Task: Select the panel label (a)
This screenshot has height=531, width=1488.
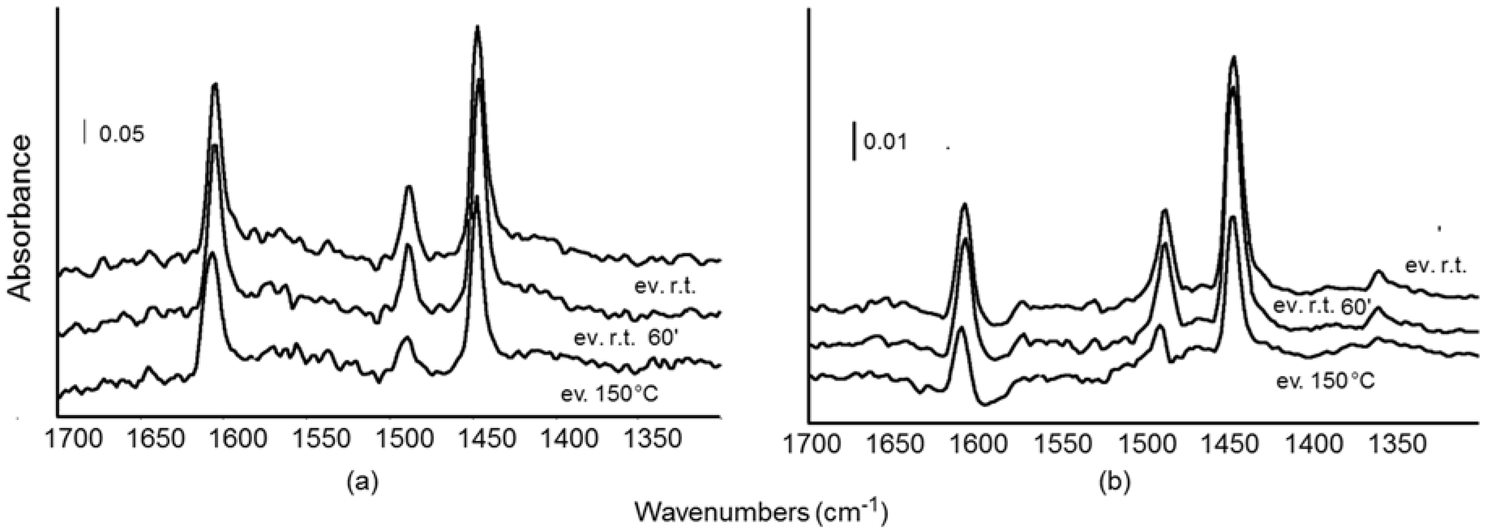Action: click(x=363, y=480)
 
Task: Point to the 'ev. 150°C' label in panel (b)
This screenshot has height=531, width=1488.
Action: click(x=1325, y=381)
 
